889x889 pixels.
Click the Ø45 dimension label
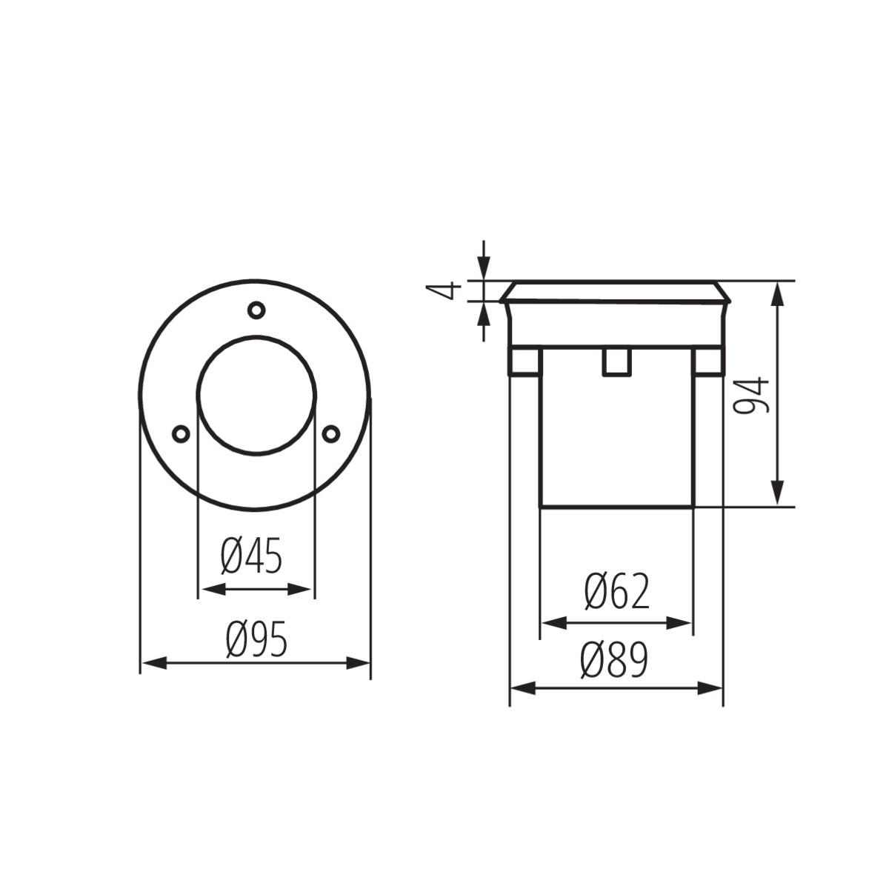point(252,556)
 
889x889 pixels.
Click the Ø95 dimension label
point(256,640)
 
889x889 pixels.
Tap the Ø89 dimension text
point(614,660)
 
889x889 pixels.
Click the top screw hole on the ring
point(256,310)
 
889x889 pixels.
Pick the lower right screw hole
point(331,433)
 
